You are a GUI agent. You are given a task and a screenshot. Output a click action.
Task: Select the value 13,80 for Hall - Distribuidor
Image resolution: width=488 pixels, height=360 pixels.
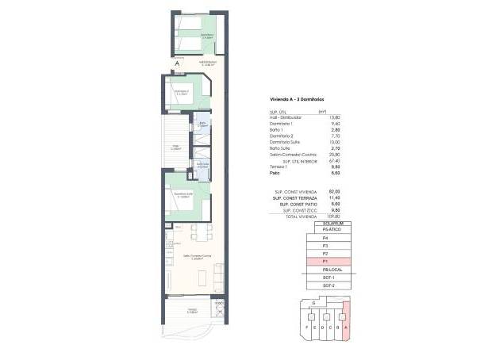[322, 117]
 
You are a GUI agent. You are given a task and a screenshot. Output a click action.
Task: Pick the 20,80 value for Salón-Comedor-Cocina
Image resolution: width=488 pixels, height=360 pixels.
[322, 155]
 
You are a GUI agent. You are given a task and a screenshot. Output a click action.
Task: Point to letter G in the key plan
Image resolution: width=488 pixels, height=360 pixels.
[314, 303]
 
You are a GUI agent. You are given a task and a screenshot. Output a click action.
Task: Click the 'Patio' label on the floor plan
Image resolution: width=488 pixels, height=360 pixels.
[174, 146]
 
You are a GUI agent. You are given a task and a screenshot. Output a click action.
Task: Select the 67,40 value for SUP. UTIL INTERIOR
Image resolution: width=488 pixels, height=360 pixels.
[322, 160]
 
